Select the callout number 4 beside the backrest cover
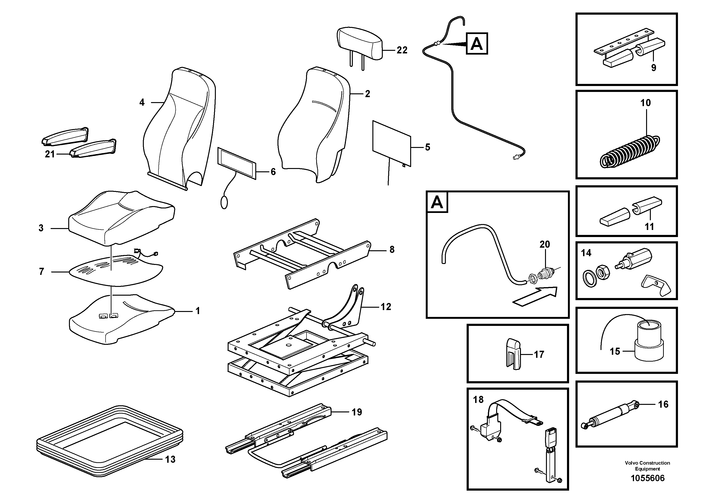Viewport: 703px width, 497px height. tap(142, 102)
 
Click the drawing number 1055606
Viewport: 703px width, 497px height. tap(647, 478)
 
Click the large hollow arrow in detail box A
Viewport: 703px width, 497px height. tap(536, 296)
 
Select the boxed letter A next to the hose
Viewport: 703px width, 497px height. tap(477, 44)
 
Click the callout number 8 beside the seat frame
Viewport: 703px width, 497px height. tap(392, 250)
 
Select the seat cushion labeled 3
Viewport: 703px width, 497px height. tap(121, 218)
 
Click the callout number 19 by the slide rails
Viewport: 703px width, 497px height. tap(357, 412)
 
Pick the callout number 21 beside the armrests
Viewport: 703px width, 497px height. tap(50, 154)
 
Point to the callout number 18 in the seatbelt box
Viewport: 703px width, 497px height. tap(478, 400)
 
